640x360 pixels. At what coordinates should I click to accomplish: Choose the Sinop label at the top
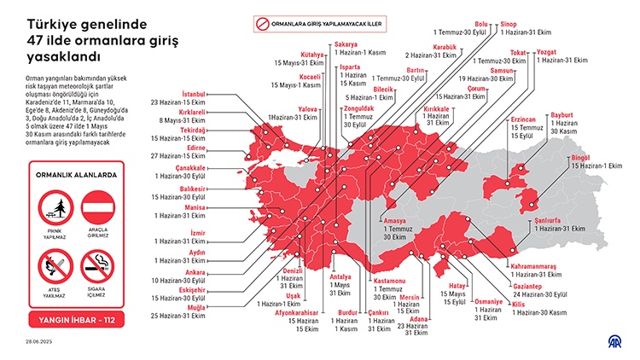(x=509, y=23)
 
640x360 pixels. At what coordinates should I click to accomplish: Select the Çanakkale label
(x=191, y=168)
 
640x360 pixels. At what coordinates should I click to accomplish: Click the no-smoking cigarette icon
(x=96, y=268)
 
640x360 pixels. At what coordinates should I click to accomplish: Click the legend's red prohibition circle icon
(x=264, y=24)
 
